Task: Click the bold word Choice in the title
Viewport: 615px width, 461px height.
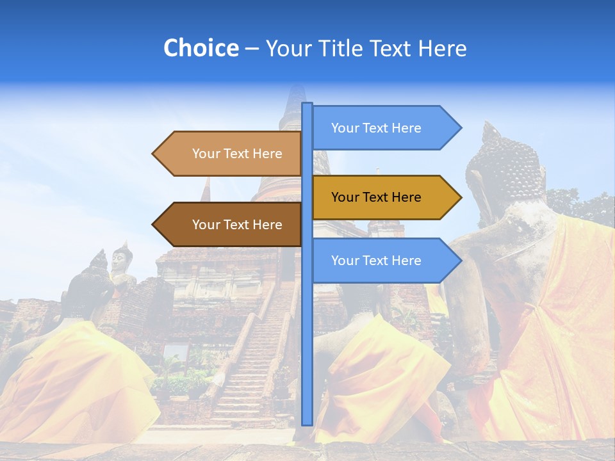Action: click(x=201, y=48)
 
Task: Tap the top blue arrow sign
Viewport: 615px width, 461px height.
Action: click(x=378, y=128)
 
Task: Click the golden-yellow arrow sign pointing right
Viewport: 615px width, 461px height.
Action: click(x=378, y=197)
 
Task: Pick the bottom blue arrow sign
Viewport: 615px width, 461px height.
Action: click(x=378, y=261)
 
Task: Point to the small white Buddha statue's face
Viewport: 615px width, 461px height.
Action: click(x=120, y=259)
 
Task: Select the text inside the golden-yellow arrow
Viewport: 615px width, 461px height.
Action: click(x=376, y=197)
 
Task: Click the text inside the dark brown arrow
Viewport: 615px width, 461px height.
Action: click(x=237, y=225)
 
